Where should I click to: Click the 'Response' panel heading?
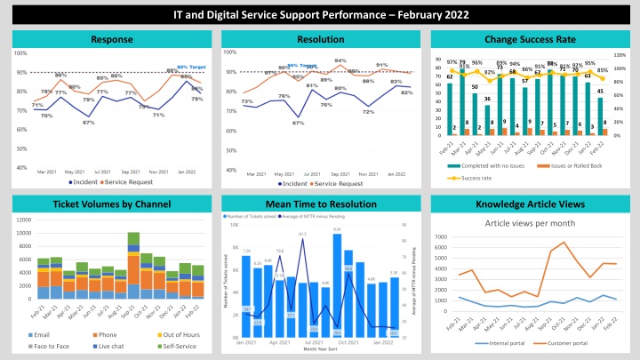point(112,39)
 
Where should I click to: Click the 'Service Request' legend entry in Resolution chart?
point(335,183)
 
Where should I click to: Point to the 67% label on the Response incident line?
point(89,123)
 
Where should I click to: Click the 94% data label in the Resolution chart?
point(340,60)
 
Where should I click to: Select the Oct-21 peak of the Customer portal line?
point(566,242)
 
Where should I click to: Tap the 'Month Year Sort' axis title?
point(319,349)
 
